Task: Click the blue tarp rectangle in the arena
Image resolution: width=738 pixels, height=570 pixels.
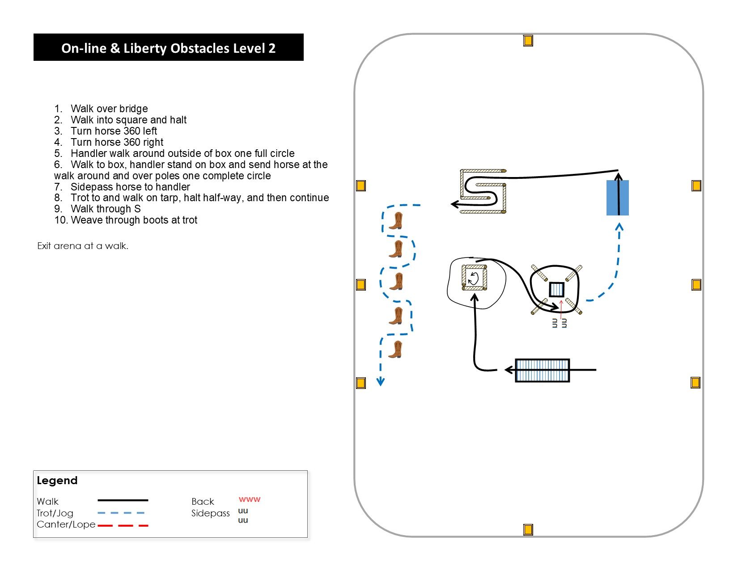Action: point(617,198)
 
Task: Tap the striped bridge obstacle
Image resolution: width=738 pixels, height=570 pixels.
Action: point(542,370)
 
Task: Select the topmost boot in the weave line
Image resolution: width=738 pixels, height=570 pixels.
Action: point(396,221)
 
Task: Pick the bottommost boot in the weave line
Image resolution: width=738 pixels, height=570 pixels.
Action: point(395,349)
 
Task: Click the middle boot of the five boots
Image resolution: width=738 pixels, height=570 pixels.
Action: point(396,282)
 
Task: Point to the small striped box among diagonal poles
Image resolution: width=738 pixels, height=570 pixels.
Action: point(556,290)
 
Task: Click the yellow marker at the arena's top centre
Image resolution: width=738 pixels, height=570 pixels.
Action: point(528,41)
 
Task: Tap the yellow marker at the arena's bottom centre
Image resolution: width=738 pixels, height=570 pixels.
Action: point(528,530)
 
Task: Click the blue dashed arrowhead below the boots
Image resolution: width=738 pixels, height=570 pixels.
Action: point(380,382)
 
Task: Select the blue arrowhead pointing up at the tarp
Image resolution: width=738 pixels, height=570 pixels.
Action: point(619,227)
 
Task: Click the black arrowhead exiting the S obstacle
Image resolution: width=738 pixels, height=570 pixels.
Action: point(454,204)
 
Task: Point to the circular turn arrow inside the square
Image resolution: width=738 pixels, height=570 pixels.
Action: point(473,279)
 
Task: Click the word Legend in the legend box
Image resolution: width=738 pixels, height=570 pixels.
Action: point(57,481)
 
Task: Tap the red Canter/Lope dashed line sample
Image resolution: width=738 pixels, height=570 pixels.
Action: point(123,526)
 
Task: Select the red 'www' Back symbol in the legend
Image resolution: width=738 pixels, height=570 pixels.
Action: point(249,499)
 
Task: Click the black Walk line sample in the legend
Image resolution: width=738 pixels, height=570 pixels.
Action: point(123,500)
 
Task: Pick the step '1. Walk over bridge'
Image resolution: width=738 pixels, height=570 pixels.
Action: point(101,109)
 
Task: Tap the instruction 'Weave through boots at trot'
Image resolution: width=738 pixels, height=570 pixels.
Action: point(134,220)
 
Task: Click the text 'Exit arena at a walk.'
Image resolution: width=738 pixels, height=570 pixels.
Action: point(83,246)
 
